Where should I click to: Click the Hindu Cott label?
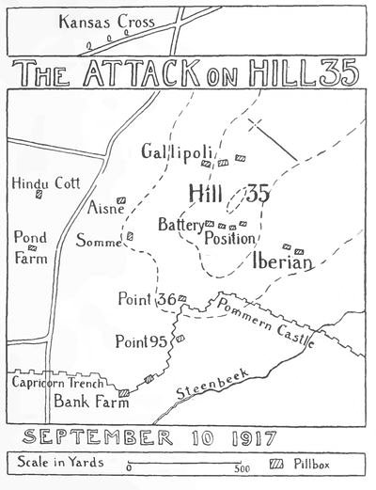pos(39,182)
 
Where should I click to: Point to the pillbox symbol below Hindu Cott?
pos(39,196)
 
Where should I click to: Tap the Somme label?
pos(99,241)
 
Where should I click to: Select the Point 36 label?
pos(148,299)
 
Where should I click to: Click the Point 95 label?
pos(143,340)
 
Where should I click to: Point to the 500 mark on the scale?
pos(242,467)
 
